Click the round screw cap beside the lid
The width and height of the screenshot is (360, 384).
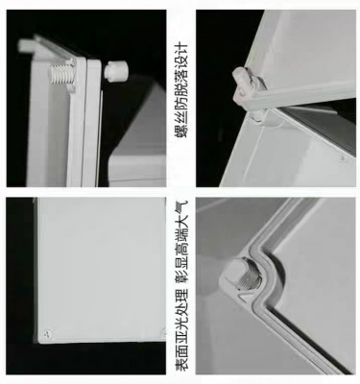point(116,70)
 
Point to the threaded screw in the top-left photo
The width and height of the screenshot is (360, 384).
point(61,77)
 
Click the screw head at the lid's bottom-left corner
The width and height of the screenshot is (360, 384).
point(48,334)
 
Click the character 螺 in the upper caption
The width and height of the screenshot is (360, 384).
point(181,131)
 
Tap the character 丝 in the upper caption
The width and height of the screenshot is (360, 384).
point(181,117)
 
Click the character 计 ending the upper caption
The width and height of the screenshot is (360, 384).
point(181,48)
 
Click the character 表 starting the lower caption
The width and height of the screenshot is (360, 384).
point(181,364)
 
